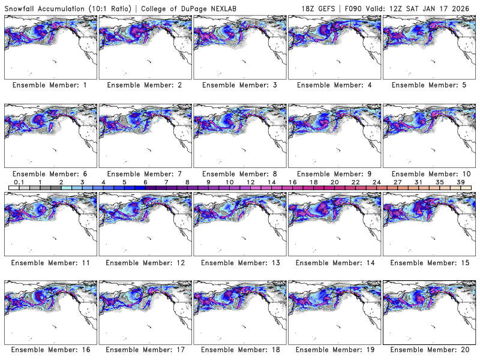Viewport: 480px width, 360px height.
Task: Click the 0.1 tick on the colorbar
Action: pyautogui.click(x=19, y=182)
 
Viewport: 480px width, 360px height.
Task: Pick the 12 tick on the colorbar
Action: pyautogui.click(x=250, y=182)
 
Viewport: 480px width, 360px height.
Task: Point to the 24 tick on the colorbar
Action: pyautogui.click(x=376, y=182)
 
